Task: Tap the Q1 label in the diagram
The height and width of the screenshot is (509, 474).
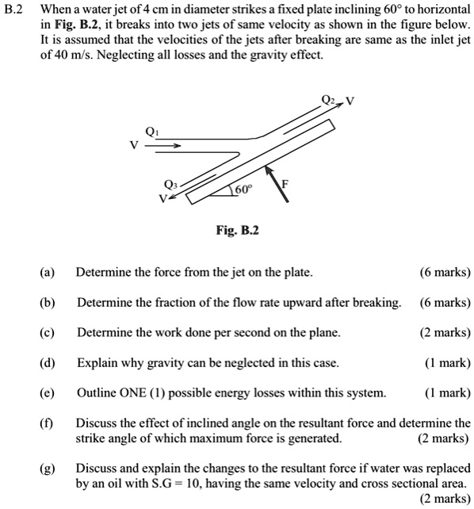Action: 153,131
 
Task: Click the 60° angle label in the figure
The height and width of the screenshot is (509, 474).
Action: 242,189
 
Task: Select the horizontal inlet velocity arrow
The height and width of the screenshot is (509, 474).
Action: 167,146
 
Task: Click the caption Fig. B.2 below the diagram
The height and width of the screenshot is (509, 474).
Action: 237,231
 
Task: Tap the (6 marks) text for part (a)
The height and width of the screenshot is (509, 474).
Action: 445,273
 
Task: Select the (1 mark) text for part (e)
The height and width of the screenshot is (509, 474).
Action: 447,393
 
